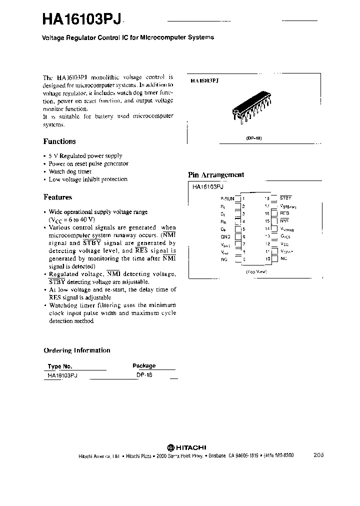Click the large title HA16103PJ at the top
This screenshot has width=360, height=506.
pos(79,19)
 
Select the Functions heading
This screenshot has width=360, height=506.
pos(59,141)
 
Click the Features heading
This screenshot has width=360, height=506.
pos(57,197)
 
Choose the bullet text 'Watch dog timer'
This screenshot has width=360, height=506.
pos(70,171)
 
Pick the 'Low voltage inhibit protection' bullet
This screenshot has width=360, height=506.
pos(88,179)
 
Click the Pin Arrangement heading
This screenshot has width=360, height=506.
pos(215,175)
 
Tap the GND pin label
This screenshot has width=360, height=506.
pos(225,236)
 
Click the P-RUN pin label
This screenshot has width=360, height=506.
pos(227,198)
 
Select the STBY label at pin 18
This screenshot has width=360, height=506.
pos(285,198)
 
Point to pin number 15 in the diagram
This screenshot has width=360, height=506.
pos(267,221)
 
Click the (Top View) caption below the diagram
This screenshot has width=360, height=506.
pos(256,271)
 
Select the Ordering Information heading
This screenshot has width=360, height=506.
pos(76,350)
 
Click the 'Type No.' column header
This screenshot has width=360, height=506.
pos(60,366)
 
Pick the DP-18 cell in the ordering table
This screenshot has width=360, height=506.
pos(144,374)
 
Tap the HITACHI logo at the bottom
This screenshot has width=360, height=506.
pos(186,447)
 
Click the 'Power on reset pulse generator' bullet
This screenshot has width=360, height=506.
pos(88,163)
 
